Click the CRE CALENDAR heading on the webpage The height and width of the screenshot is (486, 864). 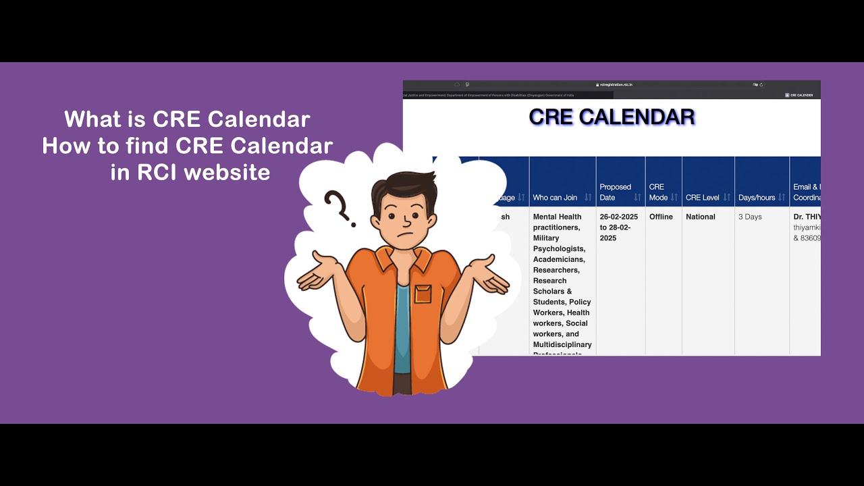[x=612, y=117]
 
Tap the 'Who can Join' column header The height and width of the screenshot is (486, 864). [x=555, y=198]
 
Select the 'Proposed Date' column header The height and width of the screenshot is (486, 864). [x=615, y=192]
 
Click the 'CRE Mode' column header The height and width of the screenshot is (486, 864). [x=657, y=192]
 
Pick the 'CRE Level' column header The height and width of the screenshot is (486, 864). [x=702, y=198]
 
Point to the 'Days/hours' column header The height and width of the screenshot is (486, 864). [x=756, y=198]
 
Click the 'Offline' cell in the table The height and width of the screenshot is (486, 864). [x=661, y=217]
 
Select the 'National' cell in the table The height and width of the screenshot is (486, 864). [x=700, y=217]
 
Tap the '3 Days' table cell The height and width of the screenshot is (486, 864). [x=750, y=217]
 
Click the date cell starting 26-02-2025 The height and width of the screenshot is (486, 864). [x=618, y=227]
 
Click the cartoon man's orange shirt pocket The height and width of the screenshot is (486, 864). [x=423, y=294]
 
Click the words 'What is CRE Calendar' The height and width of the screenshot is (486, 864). [x=187, y=119]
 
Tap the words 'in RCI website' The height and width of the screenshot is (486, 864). [x=190, y=172]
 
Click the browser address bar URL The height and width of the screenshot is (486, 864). [x=614, y=84]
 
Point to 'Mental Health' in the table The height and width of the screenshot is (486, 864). [x=557, y=217]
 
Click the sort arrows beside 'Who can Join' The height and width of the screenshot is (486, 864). [x=588, y=198]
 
